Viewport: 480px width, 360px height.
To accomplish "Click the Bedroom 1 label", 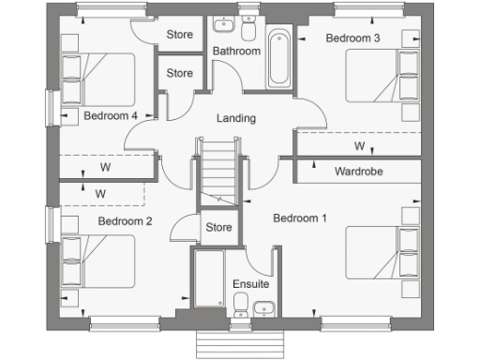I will pyautogui.click(x=299, y=218).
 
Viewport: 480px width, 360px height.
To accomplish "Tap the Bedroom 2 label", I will pyautogui.click(x=125, y=221).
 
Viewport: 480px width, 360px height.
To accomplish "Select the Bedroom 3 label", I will pyautogui.click(x=352, y=38).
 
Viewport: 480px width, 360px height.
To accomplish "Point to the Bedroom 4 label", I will pyautogui.click(x=111, y=115).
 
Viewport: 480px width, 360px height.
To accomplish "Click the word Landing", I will pyautogui.click(x=235, y=118).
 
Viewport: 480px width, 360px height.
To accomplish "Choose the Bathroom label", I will pyautogui.click(x=235, y=51).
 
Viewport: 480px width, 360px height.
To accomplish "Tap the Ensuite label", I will pyautogui.click(x=250, y=283).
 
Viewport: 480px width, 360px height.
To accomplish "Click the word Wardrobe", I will pyautogui.click(x=357, y=172).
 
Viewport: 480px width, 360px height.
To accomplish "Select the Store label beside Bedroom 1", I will pyautogui.click(x=218, y=227).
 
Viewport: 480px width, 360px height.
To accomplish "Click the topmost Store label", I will pyautogui.click(x=179, y=35).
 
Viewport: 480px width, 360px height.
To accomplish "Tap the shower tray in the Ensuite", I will pyautogui.click(x=208, y=277).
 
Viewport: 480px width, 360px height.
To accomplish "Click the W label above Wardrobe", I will pyautogui.click(x=359, y=147).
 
